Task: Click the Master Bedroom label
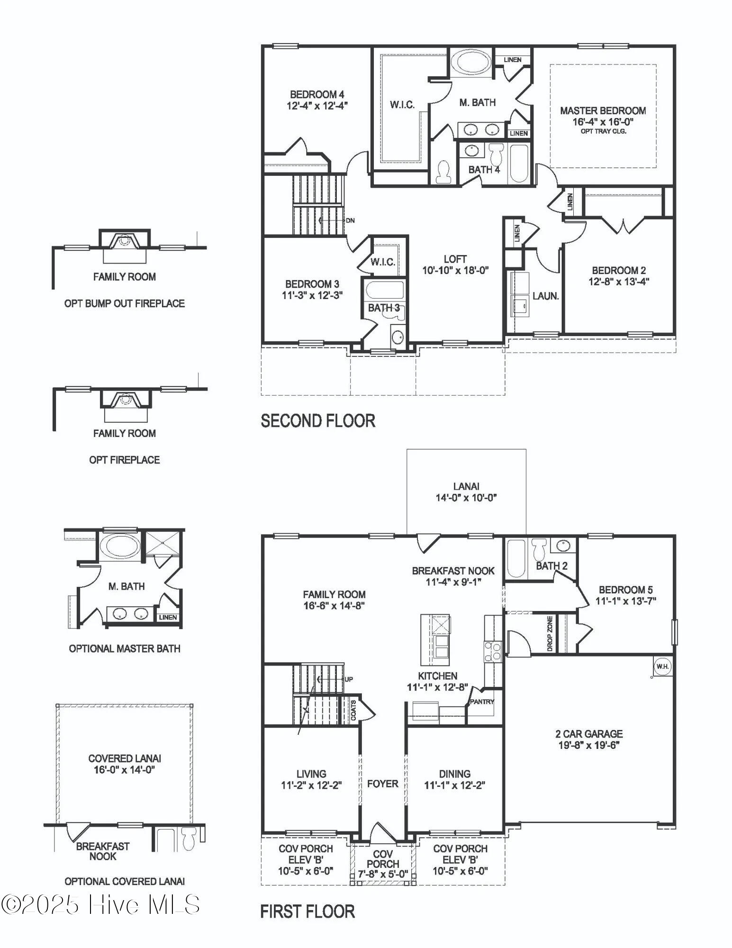(x=603, y=111)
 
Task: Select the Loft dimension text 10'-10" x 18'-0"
(x=455, y=271)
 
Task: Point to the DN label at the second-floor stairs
(x=350, y=220)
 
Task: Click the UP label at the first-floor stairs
(x=348, y=679)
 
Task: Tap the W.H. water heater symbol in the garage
(x=662, y=666)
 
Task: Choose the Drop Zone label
(x=550, y=633)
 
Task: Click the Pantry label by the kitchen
(x=482, y=702)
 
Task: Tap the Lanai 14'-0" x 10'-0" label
(x=466, y=492)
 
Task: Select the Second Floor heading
(x=318, y=421)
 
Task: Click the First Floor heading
(x=307, y=912)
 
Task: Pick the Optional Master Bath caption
(x=125, y=648)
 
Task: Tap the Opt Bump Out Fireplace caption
(x=125, y=303)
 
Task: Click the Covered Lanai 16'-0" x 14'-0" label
(x=125, y=764)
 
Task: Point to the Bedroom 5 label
(x=625, y=590)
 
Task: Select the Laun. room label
(x=545, y=296)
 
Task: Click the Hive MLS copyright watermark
(x=100, y=904)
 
